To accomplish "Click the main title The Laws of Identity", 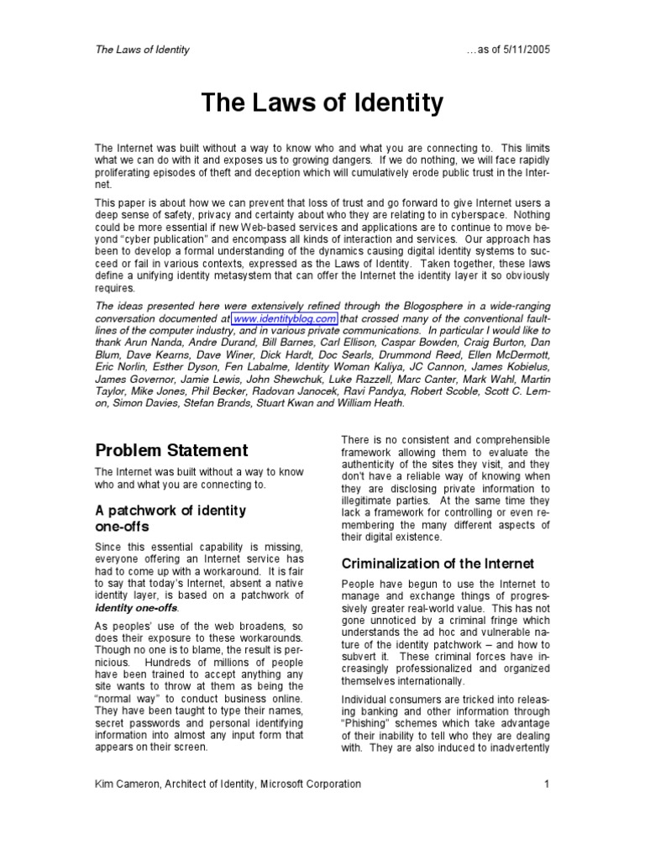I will [x=322, y=104].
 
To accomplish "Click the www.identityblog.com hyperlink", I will [x=285, y=319].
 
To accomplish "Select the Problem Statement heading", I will [x=170, y=450].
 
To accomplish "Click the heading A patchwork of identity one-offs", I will [x=170, y=518].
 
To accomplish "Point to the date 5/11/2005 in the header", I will [x=523, y=50].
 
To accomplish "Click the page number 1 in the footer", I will [x=546, y=784].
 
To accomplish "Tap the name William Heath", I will [x=366, y=402].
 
